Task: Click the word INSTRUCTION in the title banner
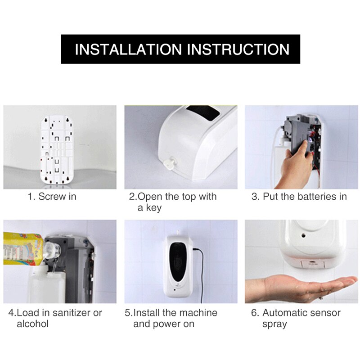click(238, 49)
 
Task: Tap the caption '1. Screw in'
click(52, 197)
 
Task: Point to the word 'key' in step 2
click(149, 208)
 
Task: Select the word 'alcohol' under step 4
click(32, 324)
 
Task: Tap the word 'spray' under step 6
click(274, 324)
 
